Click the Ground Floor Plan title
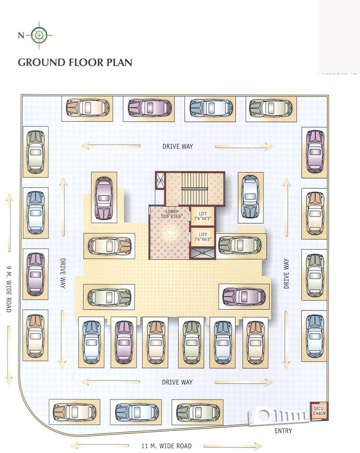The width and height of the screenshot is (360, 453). (75, 62)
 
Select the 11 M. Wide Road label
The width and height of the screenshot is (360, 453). (166, 446)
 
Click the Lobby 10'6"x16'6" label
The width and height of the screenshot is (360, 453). (169, 214)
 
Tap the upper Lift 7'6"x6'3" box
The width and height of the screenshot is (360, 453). (202, 216)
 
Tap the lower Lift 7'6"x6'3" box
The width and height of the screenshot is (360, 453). (202, 236)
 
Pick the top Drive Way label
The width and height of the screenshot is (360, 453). (177, 146)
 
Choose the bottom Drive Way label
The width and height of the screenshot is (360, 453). (177, 382)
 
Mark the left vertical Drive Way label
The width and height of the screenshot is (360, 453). (62, 274)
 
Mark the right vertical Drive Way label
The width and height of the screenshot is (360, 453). (286, 274)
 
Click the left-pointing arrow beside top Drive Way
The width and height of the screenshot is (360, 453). (111, 147)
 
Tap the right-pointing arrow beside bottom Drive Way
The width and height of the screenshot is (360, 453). (244, 382)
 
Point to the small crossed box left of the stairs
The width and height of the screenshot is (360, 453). (160, 180)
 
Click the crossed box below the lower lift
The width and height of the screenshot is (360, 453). (202, 253)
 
